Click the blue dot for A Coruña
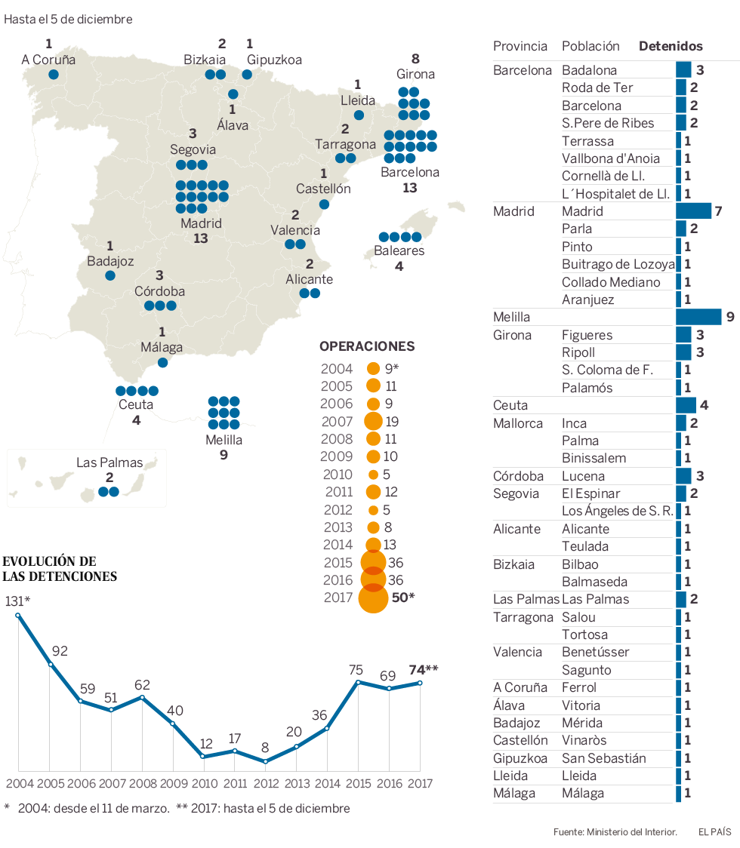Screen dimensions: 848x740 pyautogui.click(x=54, y=74)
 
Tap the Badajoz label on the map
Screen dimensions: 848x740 pyautogui.click(x=110, y=261)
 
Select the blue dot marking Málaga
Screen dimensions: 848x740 pyautogui.click(x=162, y=363)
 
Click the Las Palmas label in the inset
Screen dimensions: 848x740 pyautogui.click(x=109, y=462)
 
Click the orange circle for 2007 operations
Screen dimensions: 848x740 pyautogui.click(x=373, y=422)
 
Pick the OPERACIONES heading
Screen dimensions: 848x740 pyautogui.click(x=367, y=346)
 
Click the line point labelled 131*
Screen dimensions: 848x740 pyautogui.click(x=18, y=615)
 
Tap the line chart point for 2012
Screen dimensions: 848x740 pyautogui.click(x=265, y=761)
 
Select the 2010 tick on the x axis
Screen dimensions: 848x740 pyautogui.click(x=204, y=783)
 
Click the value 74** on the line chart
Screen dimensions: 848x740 pyautogui.click(x=423, y=669)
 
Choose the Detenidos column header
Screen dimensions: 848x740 pyautogui.click(x=671, y=46)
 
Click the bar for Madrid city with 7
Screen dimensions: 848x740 pyautogui.click(x=693, y=211)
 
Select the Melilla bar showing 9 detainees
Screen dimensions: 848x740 pyautogui.click(x=698, y=317)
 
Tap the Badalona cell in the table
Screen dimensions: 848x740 pyautogui.click(x=589, y=70)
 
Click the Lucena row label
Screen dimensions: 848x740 pyautogui.click(x=583, y=476)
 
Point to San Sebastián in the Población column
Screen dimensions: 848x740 pyautogui.click(x=603, y=758)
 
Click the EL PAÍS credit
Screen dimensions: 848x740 pyautogui.click(x=714, y=831)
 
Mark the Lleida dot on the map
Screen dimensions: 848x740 pyautogui.click(x=359, y=115)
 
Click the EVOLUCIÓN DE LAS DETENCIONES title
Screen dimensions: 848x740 pyautogui.click(x=60, y=569)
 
